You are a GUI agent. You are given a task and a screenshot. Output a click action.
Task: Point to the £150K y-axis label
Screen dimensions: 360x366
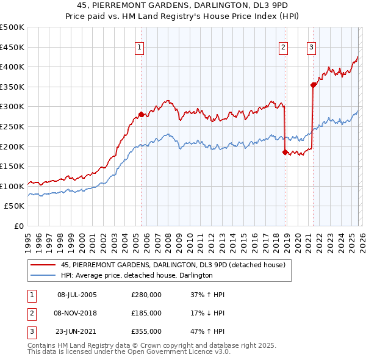click(12, 166)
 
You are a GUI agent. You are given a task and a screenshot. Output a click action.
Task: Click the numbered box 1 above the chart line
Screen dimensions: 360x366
click(140, 47)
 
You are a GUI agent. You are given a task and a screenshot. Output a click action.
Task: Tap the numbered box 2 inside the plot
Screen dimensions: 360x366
click(284, 47)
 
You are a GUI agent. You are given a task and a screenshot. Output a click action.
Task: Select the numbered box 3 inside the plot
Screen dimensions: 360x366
click(311, 47)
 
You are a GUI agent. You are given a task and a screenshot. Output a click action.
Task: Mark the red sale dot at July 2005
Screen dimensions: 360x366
click(141, 114)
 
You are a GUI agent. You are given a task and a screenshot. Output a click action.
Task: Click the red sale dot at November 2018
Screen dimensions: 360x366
click(285, 152)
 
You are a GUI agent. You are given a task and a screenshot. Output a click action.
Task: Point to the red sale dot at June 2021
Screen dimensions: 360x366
click(313, 85)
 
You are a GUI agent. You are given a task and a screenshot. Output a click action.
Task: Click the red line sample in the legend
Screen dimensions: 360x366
click(43, 265)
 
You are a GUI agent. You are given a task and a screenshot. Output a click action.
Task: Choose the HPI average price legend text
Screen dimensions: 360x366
click(137, 275)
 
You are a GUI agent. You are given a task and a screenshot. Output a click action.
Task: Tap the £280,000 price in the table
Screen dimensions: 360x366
click(146, 295)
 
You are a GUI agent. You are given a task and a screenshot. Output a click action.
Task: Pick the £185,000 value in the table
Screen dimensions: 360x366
click(146, 313)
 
